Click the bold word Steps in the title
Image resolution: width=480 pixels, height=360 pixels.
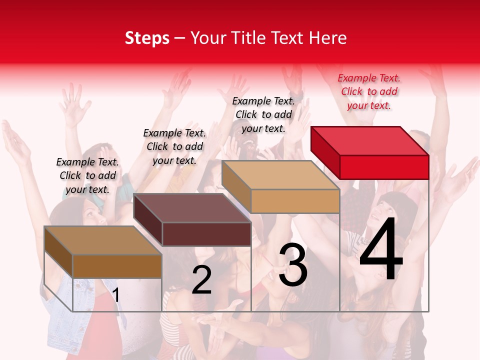147,38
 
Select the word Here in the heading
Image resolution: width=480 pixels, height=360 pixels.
328,38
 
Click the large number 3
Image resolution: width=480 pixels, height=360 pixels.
293,265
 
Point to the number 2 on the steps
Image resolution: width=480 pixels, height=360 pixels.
201,280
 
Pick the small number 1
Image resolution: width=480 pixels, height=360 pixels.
116,295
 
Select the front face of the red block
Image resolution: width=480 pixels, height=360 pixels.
384,167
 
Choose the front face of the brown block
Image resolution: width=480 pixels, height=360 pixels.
117,266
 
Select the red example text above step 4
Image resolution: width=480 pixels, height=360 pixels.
369,91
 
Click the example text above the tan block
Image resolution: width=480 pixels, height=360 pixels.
263,114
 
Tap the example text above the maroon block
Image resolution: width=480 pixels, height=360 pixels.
174,146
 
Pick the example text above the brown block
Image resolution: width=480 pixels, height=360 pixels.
87,175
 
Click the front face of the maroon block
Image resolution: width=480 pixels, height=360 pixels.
206,234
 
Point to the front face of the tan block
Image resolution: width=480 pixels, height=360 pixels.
295,201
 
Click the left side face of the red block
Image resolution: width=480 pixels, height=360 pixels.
325,152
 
